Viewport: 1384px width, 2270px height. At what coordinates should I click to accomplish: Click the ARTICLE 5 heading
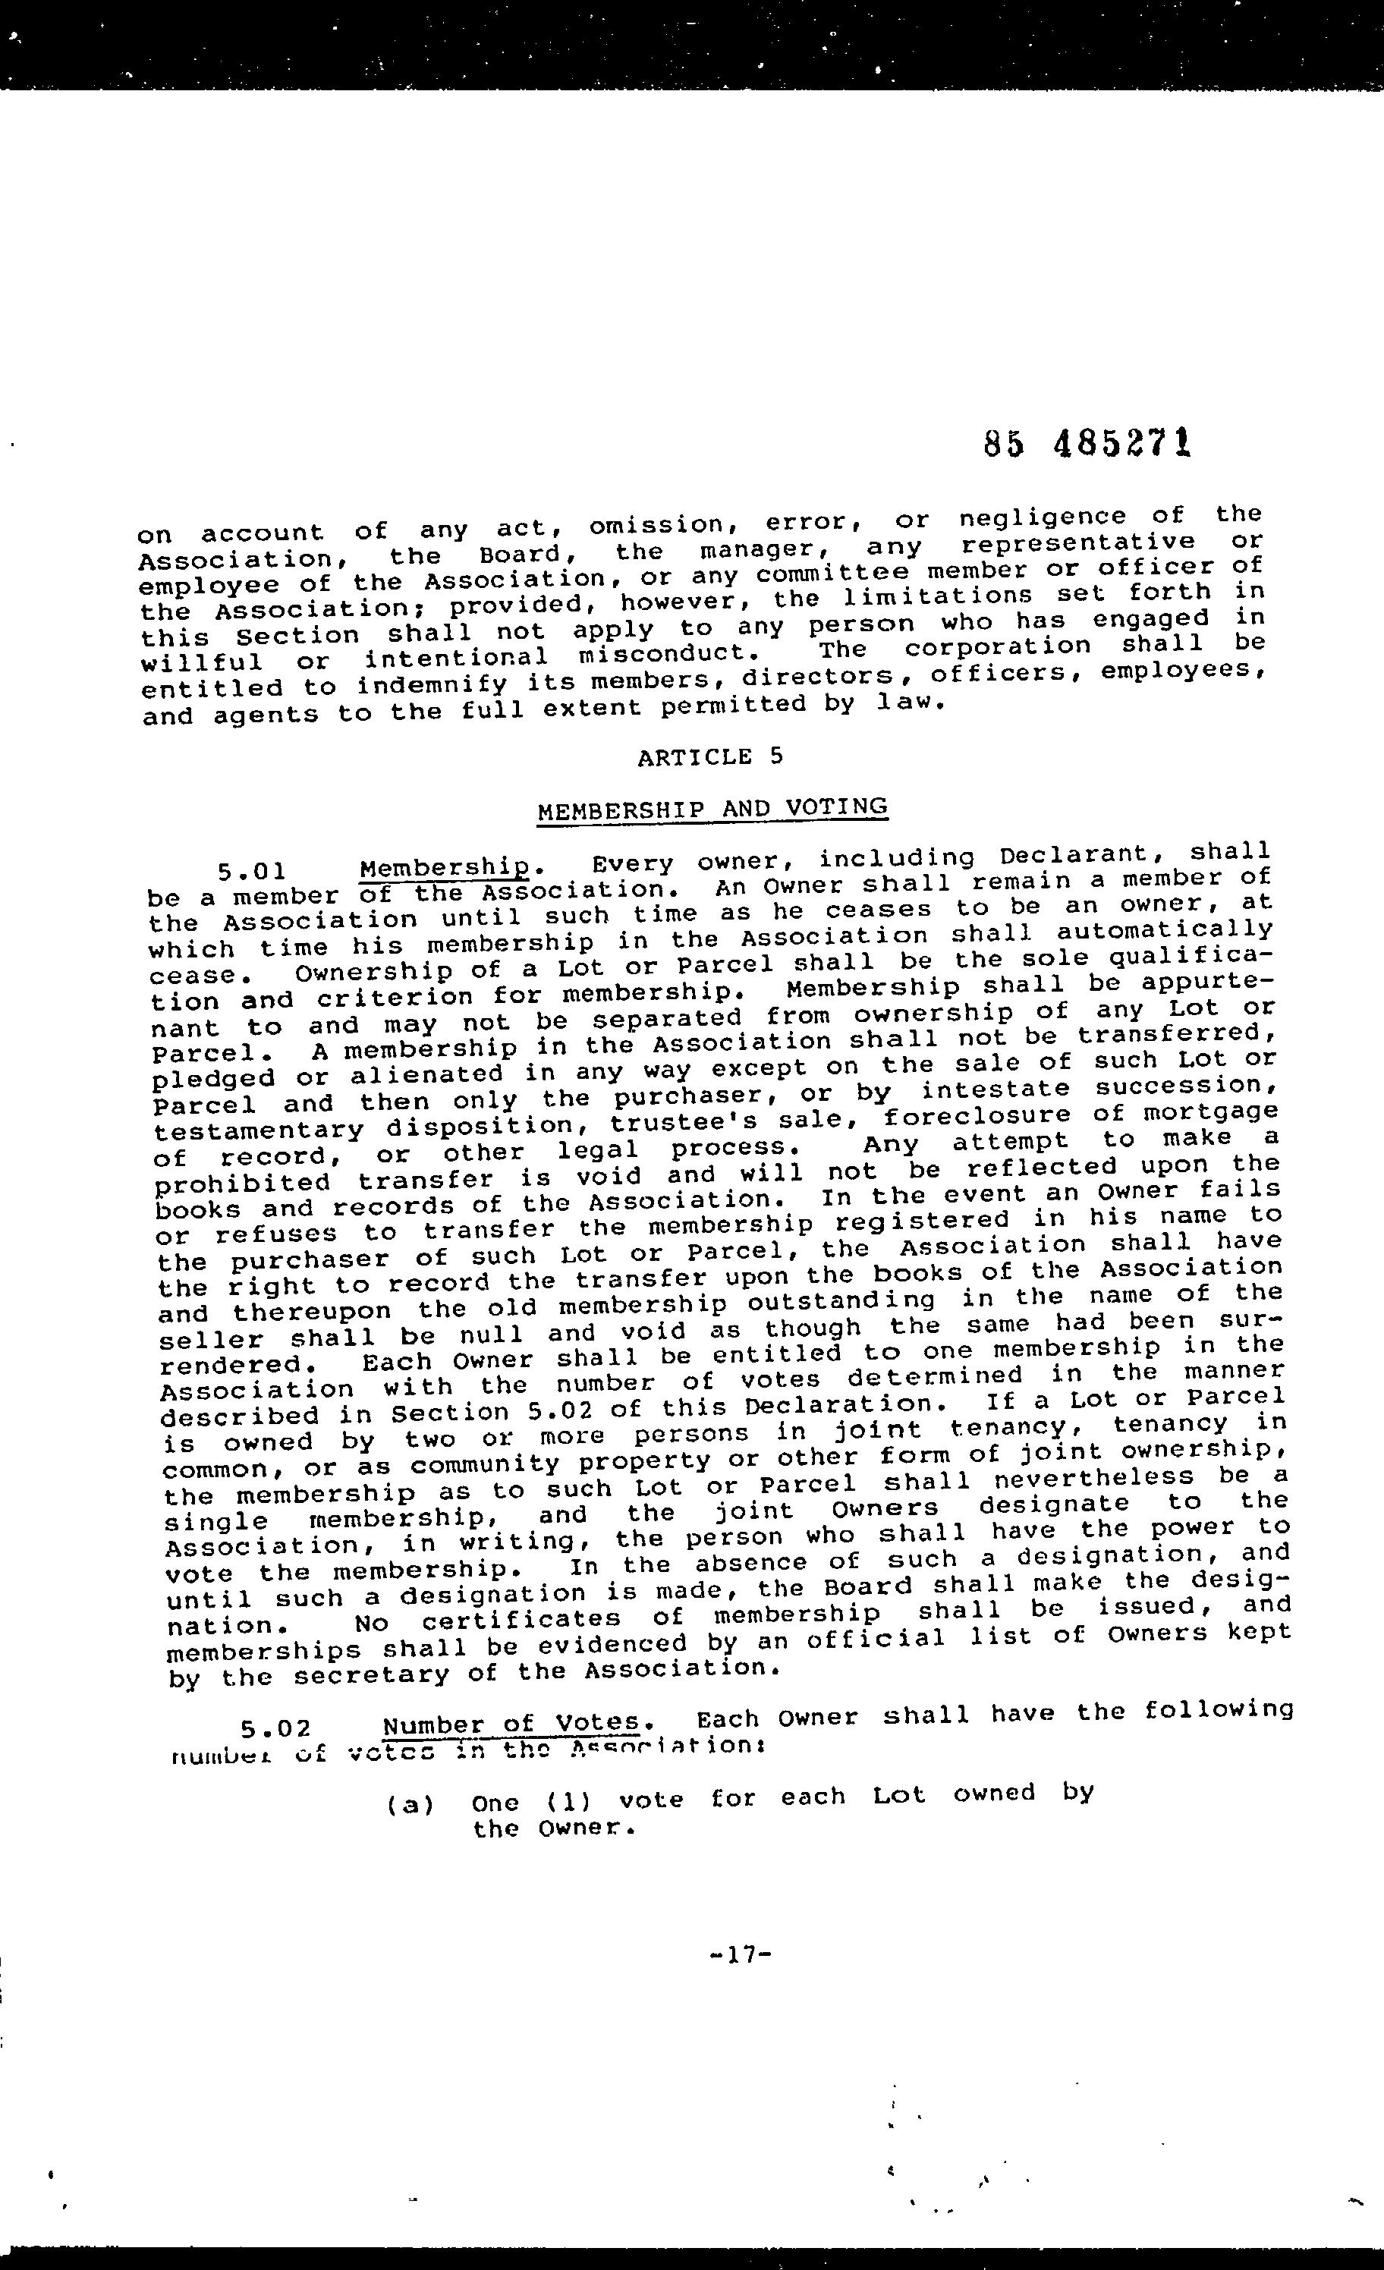click(709, 757)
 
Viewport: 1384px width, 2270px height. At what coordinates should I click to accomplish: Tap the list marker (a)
click(410, 1805)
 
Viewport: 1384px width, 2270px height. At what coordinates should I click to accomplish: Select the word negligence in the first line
click(1042, 517)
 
